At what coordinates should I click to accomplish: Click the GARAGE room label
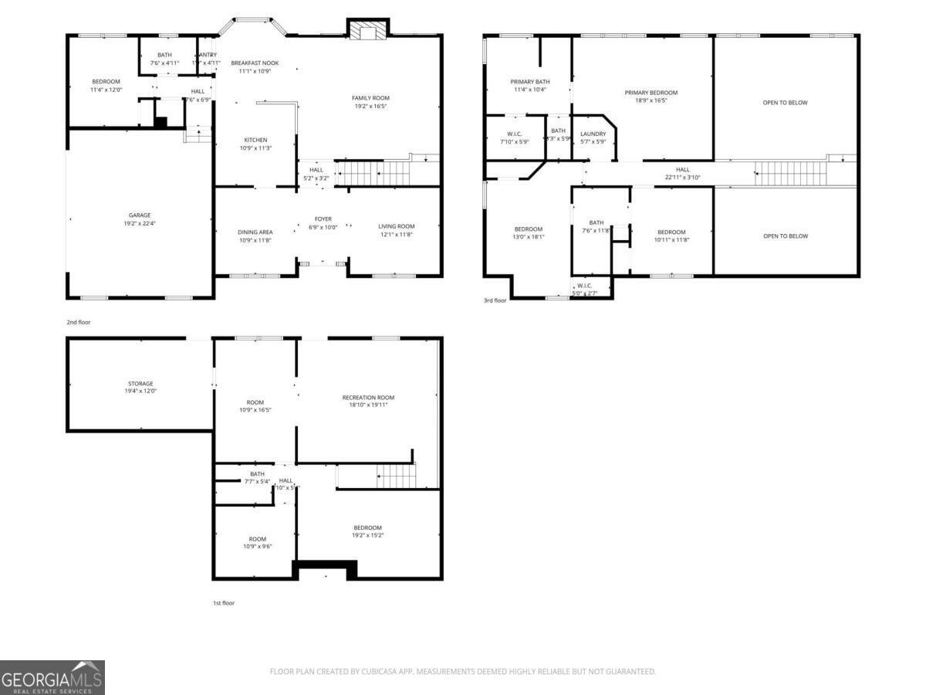140,215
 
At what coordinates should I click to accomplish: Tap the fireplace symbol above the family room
367,29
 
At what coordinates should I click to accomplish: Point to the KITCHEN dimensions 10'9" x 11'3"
255,148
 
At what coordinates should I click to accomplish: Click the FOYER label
323,219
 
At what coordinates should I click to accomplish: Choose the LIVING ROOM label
397,226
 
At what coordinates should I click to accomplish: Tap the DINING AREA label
255,232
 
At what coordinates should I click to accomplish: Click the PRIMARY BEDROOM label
651,93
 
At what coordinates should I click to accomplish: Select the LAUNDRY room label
593,134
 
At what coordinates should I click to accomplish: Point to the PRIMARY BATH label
529,82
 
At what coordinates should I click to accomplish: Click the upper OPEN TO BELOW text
785,103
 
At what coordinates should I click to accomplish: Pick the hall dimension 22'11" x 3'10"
683,177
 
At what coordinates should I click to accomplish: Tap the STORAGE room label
140,383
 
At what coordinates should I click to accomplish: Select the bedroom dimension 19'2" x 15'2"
368,535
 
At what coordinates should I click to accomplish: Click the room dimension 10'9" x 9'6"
257,546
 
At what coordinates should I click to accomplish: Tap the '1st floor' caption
223,603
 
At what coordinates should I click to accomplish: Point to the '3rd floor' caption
495,300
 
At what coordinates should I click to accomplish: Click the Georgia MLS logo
52,677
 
